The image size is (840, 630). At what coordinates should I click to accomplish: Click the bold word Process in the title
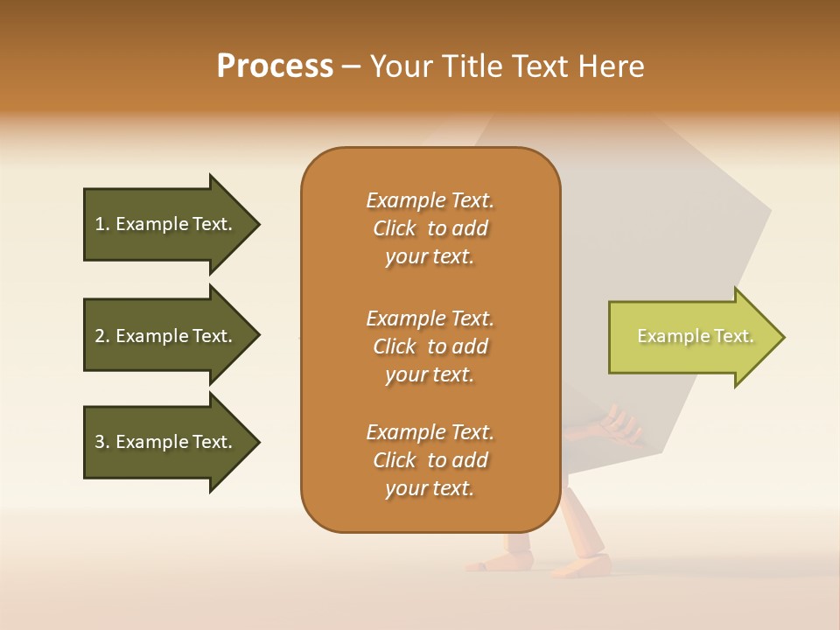pyautogui.click(x=275, y=66)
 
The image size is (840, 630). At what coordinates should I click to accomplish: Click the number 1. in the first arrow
pyautogui.click(x=102, y=224)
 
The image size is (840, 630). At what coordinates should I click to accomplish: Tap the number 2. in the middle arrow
pyautogui.click(x=102, y=336)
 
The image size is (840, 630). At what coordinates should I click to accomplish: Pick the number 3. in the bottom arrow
pyautogui.click(x=102, y=442)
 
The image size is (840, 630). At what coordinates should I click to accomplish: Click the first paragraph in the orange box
pyautogui.click(x=430, y=228)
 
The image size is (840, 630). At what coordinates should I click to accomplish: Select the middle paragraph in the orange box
pyautogui.click(x=430, y=346)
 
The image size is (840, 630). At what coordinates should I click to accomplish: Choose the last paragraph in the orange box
pyautogui.click(x=430, y=460)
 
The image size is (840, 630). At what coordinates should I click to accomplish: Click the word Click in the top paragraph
pyautogui.click(x=395, y=228)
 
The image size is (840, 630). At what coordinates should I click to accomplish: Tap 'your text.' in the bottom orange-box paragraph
pyautogui.click(x=430, y=488)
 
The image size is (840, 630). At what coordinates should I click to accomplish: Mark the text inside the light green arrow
pyautogui.click(x=695, y=336)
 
